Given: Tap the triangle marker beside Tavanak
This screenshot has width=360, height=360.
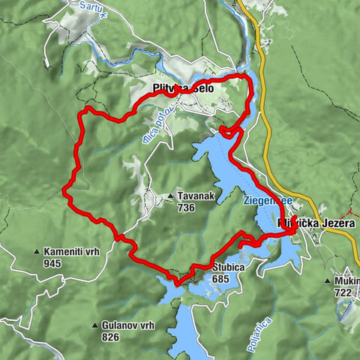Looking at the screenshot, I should click(x=171, y=196).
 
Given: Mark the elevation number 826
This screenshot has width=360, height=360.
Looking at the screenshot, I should click(x=110, y=337).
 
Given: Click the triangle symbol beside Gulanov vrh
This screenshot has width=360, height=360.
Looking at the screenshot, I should click(x=95, y=326).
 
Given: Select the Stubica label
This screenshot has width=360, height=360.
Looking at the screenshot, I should click(x=229, y=266).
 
